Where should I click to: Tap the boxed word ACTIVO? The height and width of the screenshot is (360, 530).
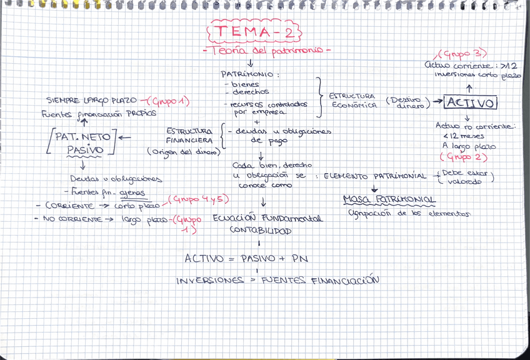pyautogui.click(x=471, y=102)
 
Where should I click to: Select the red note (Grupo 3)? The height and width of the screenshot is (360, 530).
pyautogui.click(x=463, y=54)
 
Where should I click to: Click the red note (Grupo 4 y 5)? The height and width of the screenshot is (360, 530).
pyautogui.click(x=197, y=200)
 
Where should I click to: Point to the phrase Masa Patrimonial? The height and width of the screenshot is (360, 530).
pyautogui.click(x=389, y=200)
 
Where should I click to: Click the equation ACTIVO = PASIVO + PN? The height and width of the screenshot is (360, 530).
pyautogui.click(x=246, y=258)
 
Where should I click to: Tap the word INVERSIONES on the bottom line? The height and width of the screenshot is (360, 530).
pyautogui.click(x=209, y=281)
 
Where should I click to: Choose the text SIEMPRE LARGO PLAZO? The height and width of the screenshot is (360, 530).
pyautogui.click(x=91, y=101)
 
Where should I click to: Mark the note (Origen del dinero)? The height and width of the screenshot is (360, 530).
pyautogui.click(x=180, y=151)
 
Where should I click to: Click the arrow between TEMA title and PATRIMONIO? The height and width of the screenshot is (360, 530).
pyautogui.click(x=250, y=62)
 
